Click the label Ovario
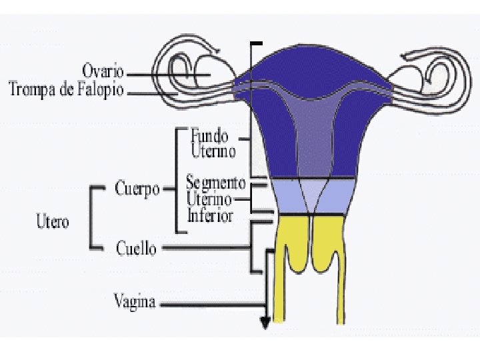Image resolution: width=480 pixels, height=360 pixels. pyautogui.click(x=103, y=70)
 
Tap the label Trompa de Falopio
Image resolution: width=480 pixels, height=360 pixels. pyautogui.click(x=66, y=89)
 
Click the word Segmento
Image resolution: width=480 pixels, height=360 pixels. pyautogui.click(x=216, y=182)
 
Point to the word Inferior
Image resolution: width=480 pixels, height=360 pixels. pyautogui.click(x=210, y=215)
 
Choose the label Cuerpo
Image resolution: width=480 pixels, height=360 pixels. pyautogui.click(x=137, y=189)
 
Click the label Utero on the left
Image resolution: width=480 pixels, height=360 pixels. pyautogui.click(x=52, y=221)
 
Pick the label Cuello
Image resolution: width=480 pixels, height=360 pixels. pyautogui.click(x=136, y=249)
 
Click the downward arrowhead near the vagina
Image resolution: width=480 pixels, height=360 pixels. pyautogui.click(x=265, y=323)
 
